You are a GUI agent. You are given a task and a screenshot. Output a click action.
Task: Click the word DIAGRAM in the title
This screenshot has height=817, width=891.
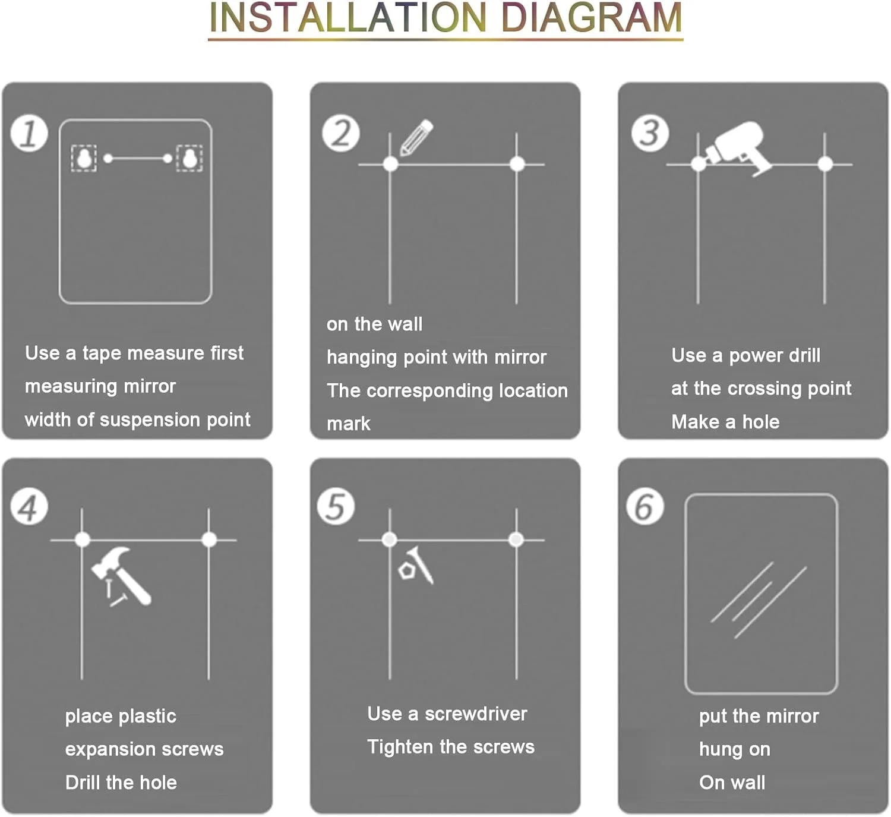pos(591,18)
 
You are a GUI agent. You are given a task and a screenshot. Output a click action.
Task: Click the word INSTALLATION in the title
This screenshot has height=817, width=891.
pos(347,18)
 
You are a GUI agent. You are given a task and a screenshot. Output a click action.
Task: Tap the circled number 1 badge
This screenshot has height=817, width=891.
pos(29,133)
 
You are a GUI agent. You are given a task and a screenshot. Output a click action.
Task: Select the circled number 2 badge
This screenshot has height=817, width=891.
pos(341,133)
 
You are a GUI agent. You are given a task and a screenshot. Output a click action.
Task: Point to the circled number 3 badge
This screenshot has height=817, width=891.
pos(650,133)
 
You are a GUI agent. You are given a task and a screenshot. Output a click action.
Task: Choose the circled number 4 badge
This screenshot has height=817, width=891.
pos(29,507)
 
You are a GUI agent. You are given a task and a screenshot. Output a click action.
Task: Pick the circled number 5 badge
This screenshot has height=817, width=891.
pos(336,507)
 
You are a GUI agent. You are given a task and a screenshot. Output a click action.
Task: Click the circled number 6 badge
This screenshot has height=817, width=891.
pos(645,507)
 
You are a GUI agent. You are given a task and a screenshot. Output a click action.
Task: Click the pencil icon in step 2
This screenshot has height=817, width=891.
pos(416,137)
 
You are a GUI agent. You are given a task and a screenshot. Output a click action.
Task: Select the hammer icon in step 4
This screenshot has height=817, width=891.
pos(121,576)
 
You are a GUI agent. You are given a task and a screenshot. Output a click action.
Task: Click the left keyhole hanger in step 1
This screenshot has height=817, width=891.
pos(84,158)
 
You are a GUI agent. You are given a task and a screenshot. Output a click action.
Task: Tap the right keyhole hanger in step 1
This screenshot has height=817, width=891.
pos(189,158)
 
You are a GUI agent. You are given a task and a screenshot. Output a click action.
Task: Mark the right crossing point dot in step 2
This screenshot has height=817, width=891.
pos(517,164)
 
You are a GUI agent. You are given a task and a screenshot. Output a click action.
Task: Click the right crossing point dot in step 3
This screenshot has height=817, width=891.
pos(825,164)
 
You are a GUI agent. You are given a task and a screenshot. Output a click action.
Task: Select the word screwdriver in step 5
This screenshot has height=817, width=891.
pos(476,714)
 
